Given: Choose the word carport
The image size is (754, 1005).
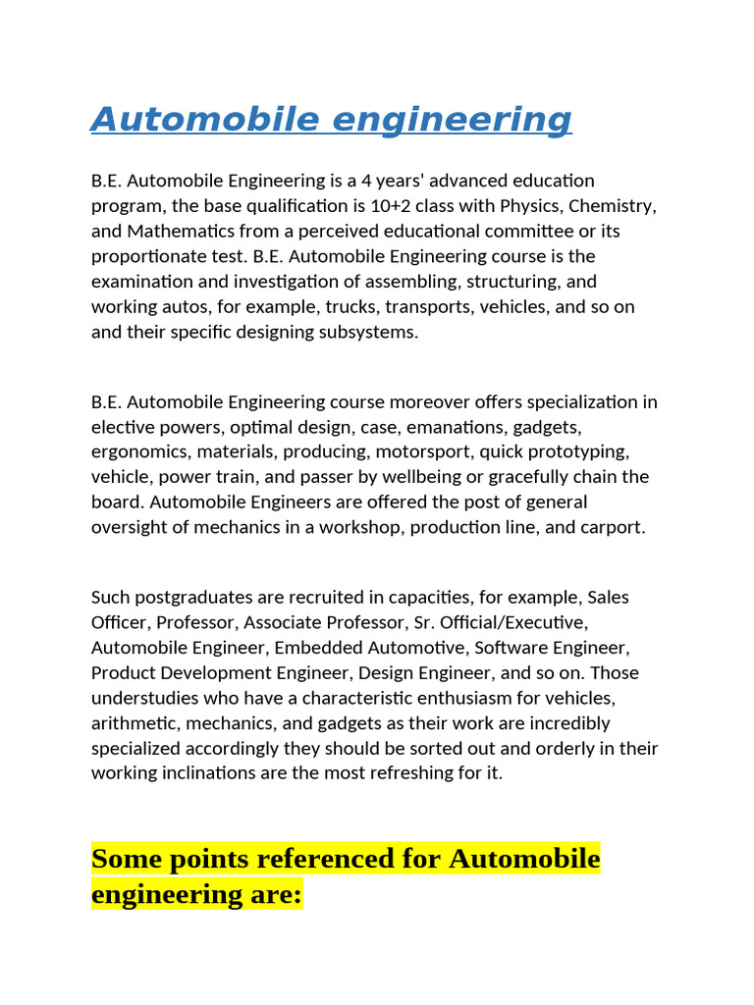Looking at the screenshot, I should click(611, 527).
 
